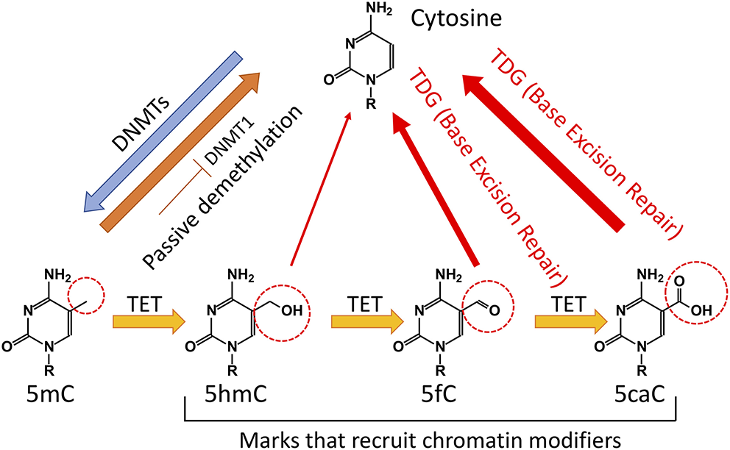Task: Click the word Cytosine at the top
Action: pos(456,19)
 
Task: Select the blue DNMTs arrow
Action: pos(163,132)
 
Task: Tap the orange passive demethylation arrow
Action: pos(180,152)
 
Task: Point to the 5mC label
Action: pos(51,395)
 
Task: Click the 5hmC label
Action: pos(236,395)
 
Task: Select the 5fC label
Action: pos(439,395)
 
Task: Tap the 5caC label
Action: pos(639,395)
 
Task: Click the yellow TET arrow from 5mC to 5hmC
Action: pos(149,321)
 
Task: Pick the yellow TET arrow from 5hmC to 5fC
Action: pos(367,321)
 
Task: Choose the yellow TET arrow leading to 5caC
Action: pos(571,321)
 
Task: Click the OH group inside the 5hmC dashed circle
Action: pos(292,310)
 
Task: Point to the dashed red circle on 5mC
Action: pos(86,295)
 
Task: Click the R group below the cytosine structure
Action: pos(371,104)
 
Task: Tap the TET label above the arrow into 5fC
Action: pos(365,304)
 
